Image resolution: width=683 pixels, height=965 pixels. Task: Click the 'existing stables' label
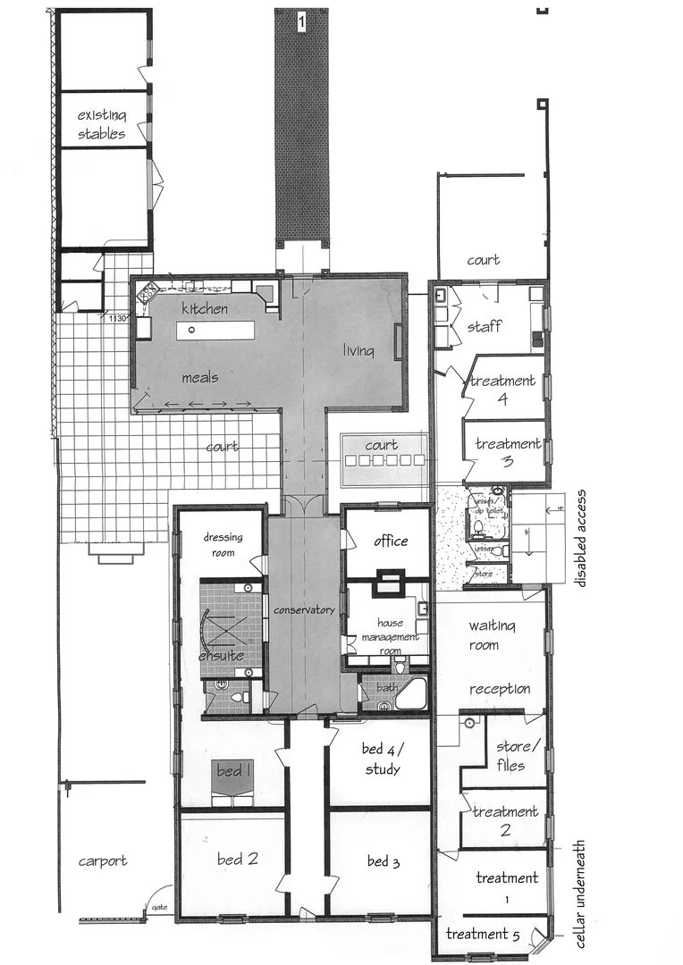click(102, 124)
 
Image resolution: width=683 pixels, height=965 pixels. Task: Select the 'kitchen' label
click(205, 308)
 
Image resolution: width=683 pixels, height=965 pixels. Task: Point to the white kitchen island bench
click(215, 330)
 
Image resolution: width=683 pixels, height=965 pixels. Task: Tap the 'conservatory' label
click(304, 610)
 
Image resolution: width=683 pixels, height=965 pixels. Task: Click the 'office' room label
click(391, 541)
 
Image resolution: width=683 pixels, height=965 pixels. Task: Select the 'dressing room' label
click(219, 545)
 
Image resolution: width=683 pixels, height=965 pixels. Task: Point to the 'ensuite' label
click(221, 656)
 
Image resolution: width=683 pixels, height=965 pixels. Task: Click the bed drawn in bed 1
click(232, 782)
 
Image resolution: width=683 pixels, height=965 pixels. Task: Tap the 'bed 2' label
click(238, 860)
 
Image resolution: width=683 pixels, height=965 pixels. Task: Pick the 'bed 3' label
click(383, 861)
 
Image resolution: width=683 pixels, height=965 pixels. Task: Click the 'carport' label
click(103, 861)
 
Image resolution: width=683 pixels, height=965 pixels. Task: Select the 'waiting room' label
click(484, 634)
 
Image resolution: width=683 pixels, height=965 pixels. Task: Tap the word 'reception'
click(500, 689)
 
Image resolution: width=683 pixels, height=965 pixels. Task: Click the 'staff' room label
click(484, 327)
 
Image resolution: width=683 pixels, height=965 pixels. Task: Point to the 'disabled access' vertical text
click(581, 537)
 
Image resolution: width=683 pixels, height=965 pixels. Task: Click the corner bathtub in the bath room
click(411, 692)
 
